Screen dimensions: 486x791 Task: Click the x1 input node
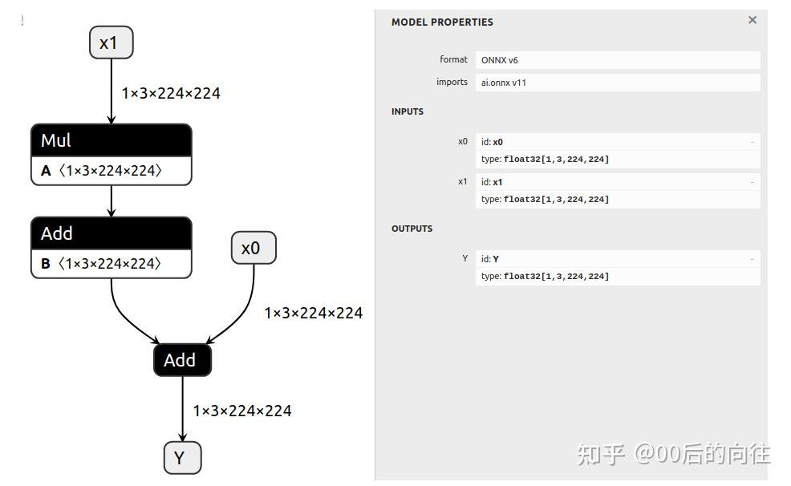(111, 43)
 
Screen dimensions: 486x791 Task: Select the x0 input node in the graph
(254, 248)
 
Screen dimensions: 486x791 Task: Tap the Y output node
(182, 458)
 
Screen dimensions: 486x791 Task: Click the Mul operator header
(111, 140)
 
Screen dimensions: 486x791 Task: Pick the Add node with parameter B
(111, 233)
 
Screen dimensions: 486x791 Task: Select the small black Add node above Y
(182, 360)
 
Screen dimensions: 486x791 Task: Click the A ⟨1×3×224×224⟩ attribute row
(111, 171)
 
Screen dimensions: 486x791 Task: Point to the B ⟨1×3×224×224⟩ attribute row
(111, 264)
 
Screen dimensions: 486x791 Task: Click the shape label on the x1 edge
(171, 93)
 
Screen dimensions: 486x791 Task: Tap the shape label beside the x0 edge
(314, 313)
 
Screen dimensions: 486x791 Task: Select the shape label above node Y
(242, 411)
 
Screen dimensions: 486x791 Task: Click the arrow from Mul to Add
(112, 201)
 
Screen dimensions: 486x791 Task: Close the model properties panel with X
(752, 20)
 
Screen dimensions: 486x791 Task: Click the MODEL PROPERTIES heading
(442, 22)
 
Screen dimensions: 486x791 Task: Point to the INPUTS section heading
(408, 111)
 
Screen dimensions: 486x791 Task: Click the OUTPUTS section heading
(412, 229)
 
